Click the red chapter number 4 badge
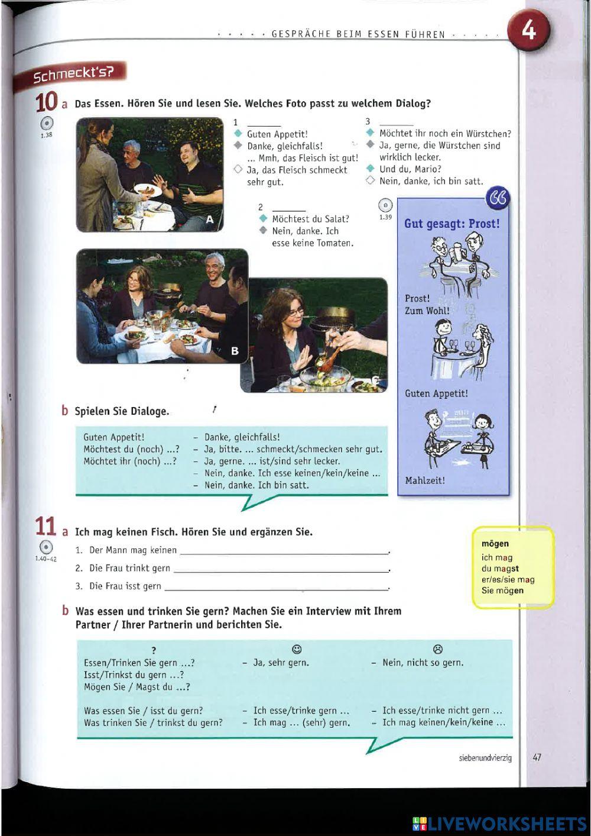coord(528,30)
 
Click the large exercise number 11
coord(46,527)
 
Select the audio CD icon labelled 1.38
coord(47,124)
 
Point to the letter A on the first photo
coord(209,220)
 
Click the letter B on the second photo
coord(235,351)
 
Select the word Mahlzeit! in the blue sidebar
coord(425,480)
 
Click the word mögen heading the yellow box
coord(495,544)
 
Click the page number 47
coord(537,757)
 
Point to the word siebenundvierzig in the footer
coord(485,757)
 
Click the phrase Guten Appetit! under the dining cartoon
coord(436,393)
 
